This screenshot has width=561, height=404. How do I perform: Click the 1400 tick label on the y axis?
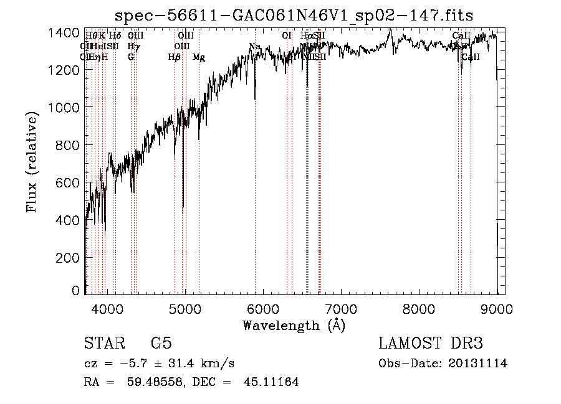coord(64,32)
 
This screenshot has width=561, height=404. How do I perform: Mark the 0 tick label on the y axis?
coord(75,290)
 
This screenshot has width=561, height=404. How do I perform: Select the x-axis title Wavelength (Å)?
coord(293,325)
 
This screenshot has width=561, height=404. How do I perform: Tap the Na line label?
coord(254,47)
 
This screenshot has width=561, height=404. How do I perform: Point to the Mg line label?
coord(199,57)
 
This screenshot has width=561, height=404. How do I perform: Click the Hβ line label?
coord(174,57)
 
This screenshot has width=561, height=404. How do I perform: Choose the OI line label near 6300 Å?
coord(287,36)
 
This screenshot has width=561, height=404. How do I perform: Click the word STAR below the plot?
coord(103,344)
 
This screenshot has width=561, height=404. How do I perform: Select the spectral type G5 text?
coord(161,344)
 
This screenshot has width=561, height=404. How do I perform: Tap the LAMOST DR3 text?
coord(430,344)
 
